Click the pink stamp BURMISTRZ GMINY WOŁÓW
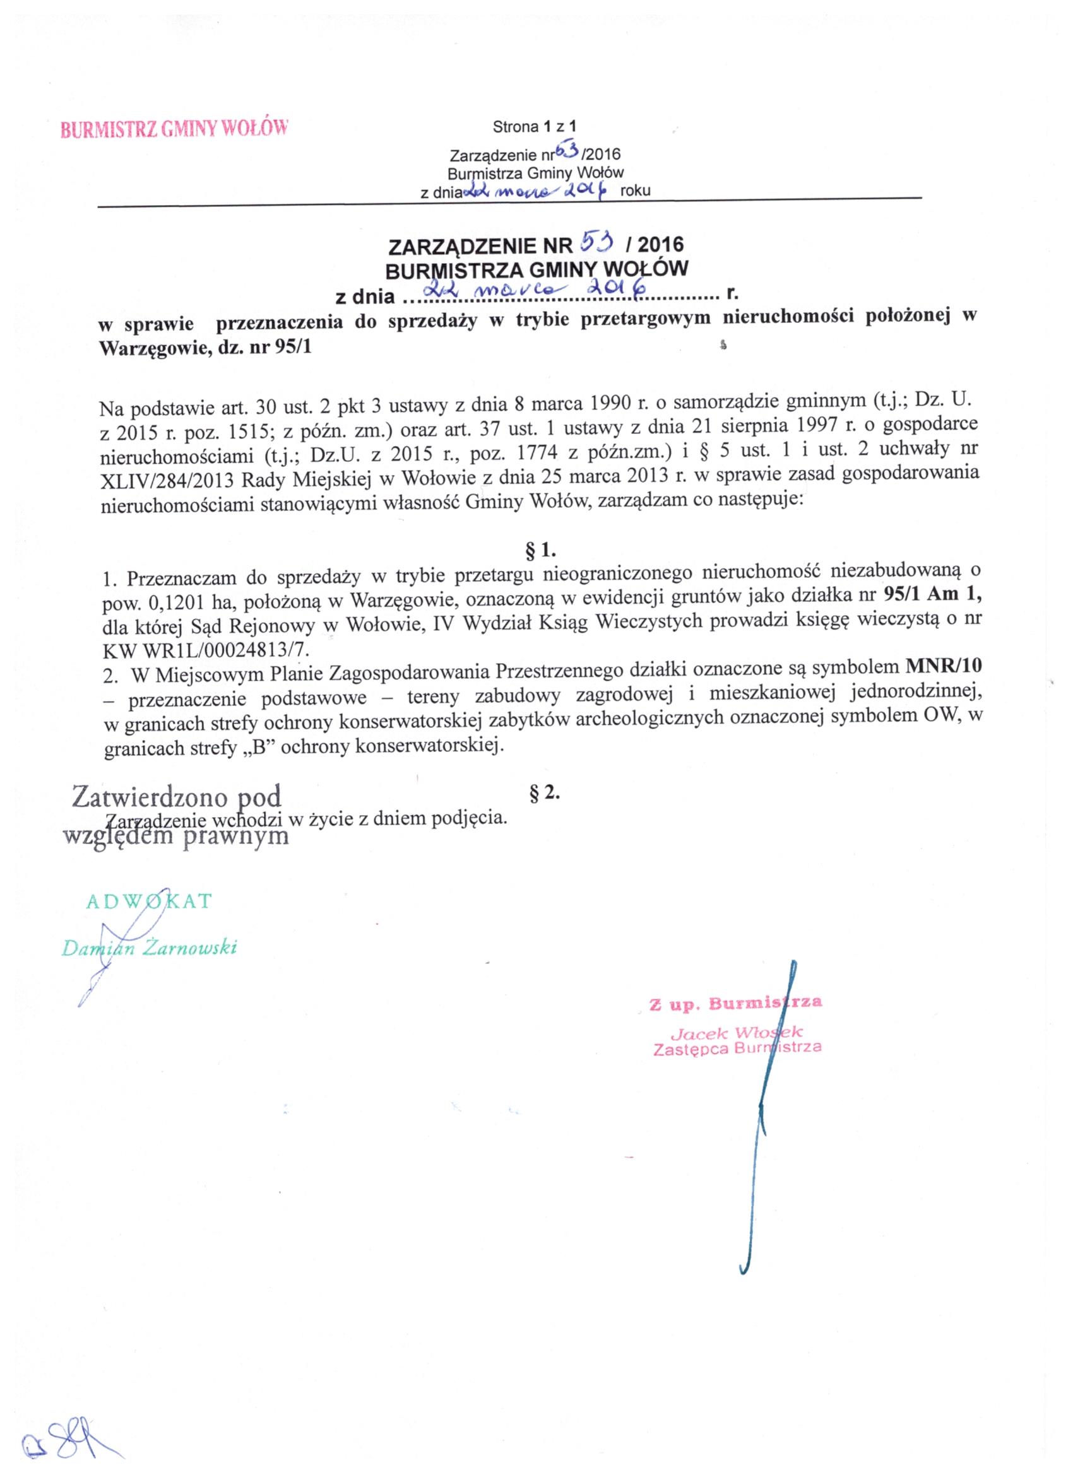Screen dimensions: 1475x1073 [174, 127]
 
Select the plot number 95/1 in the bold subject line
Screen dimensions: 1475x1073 [294, 346]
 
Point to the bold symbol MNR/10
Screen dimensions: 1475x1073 [944, 667]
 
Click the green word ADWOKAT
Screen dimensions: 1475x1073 [149, 901]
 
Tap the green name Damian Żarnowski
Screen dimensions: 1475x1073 [149, 948]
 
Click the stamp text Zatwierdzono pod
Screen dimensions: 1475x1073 [177, 796]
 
